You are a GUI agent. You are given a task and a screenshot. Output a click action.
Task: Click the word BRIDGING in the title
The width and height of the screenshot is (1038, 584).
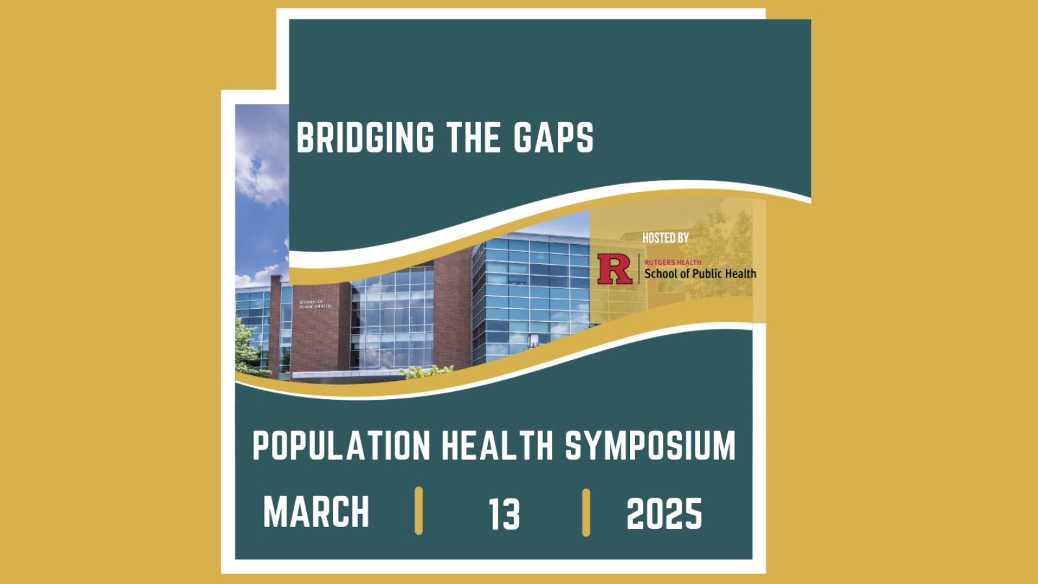[x=365, y=138]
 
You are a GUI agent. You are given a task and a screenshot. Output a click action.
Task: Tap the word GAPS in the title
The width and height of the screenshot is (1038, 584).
[x=553, y=138]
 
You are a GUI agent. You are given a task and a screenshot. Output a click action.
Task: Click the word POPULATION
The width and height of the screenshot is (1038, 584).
[x=341, y=446]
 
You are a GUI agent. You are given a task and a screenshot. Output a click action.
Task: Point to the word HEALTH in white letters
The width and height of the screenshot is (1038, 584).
[x=498, y=446]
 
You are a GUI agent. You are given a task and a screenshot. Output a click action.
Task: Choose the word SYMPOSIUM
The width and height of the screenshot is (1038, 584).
[x=650, y=446]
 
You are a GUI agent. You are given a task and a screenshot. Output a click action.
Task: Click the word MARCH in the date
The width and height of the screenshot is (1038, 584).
[x=316, y=512]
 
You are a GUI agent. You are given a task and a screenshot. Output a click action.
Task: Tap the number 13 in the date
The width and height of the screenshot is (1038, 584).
[x=504, y=515]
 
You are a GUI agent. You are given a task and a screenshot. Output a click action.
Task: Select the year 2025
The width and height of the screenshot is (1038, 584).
[x=664, y=515]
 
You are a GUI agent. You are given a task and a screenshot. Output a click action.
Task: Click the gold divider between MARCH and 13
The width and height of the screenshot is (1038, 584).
[x=418, y=511]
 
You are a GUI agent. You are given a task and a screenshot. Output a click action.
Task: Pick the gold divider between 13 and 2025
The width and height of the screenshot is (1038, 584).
[x=586, y=513]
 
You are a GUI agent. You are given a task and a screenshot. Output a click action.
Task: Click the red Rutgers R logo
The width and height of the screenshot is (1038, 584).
[x=614, y=269]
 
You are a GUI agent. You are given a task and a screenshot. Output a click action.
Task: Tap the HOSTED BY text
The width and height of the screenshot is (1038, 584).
[x=665, y=238]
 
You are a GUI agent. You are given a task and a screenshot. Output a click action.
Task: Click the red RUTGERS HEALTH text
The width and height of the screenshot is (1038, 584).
[x=672, y=262]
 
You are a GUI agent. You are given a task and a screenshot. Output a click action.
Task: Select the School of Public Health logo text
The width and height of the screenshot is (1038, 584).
[x=700, y=274]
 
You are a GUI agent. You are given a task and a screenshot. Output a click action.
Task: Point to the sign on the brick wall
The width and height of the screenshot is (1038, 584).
[x=315, y=304]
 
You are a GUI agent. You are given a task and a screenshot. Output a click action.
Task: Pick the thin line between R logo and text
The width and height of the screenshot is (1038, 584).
[x=639, y=269]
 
